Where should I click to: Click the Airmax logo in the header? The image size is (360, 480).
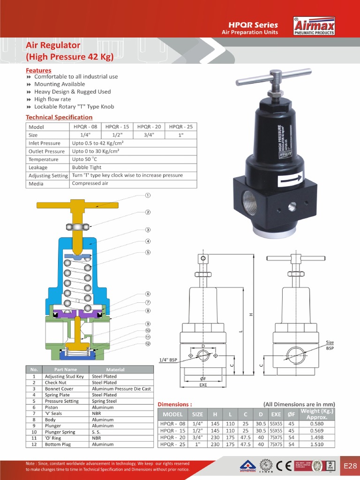pyautogui.click(x=314, y=26)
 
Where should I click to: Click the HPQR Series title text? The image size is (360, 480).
pyautogui.click(x=253, y=25)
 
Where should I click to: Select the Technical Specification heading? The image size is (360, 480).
pyautogui.click(x=59, y=117)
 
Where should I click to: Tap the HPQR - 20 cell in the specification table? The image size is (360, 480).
pyautogui.click(x=149, y=127)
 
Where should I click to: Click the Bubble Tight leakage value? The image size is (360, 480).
pyautogui.click(x=86, y=167)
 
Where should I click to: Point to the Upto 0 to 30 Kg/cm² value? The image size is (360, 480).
pyautogui.click(x=95, y=151)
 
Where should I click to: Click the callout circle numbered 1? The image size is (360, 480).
pyautogui.click(x=147, y=195)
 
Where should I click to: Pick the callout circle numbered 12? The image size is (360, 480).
pyautogui.click(x=148, y=344)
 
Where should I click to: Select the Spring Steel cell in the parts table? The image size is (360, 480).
pyautogui.click(x=104, y=401)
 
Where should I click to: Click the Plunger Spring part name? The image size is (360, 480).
pyautogui.click(x=60, y=432)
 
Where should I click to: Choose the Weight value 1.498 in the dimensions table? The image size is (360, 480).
pyautogui.click(x=316, y=437)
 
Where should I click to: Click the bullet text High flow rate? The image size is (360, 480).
pyautogui.click(x=52, y=99)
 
